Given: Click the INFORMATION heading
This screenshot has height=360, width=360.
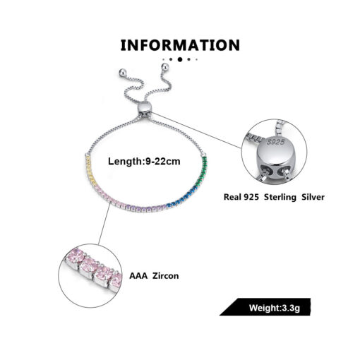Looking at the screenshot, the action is [x=180, y=45].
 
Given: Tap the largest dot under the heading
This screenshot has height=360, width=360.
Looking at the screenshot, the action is [x=180, y=59].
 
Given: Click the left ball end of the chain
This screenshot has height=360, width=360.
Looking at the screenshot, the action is [x=122, y=73].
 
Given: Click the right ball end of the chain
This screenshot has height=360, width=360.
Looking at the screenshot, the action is [x=165, y=67].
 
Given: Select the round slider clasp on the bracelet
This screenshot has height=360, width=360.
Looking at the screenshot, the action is [x=144, y=108].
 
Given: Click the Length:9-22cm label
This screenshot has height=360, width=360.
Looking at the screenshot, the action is [x=144, y=162].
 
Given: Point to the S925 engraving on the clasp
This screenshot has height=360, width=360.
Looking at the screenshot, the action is [x=276, y=142].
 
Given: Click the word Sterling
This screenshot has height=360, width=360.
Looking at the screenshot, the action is [x=280, y=197].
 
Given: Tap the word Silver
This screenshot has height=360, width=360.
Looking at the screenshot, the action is [x=313, y=197].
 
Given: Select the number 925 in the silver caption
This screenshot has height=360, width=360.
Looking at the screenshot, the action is [x=251, y=197].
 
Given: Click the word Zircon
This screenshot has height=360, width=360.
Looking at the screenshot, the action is [x=166, y=276].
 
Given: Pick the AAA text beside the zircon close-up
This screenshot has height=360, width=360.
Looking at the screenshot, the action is [x=138, y=276].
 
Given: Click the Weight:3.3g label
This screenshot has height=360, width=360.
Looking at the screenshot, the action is [x=275, y=308].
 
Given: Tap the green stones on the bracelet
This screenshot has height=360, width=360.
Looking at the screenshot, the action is [x=203, y=170].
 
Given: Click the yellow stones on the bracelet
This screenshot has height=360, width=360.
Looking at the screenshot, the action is [x=90, y=169].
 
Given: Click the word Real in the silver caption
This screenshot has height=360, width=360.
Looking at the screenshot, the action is [x=231, y=197].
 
